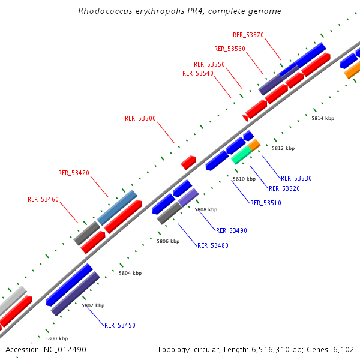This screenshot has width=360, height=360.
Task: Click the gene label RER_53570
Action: click(248, 35)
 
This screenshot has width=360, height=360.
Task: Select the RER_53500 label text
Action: click(140, 119)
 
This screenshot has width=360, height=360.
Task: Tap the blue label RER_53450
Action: click(120, 325)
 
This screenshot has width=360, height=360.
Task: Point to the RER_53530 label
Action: click(296, 178)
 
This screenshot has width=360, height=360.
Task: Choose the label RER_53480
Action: click(213, 245)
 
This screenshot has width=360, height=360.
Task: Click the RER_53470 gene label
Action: click(74, 173)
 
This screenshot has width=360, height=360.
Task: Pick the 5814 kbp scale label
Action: click(323, 118)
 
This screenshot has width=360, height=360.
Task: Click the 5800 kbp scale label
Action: click(56, 338)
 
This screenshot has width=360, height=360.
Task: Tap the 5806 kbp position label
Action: click(168, 241)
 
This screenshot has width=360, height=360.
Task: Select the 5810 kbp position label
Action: click(244, 179)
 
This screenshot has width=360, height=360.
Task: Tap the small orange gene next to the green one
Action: click(254, 145)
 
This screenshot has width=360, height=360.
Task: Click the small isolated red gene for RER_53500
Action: click(188, 162)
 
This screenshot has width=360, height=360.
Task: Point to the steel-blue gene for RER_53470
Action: click(117, 207)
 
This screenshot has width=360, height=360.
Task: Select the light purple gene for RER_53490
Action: click(188, 197)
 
